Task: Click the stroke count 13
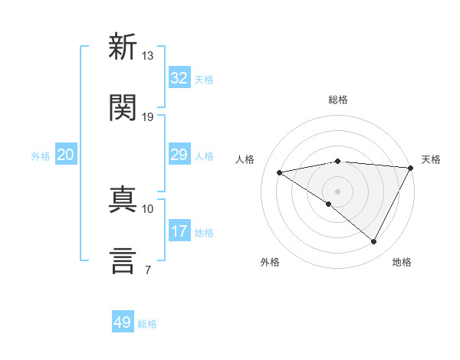pyautogui.click(x=148, y=56)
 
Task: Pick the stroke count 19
pyautogui.click(x=148, y=117)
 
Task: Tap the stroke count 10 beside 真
pyautogui.click(x=148, y=208)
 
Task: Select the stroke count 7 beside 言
pyautogui.click(x=147, y=270)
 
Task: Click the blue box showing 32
pyautogui.click(x=179, y=78)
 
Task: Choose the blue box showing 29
pyautogui.click(x=179, y=155)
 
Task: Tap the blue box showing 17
pyautogui.click(x=179, y=231)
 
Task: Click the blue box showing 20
pyautogui.click(x=65, y=155)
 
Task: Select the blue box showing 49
pyautogui.click(x=123, y=322)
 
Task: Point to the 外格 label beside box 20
pyautogui.click(x=41, y=156)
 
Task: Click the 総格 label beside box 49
pyautogui.click(x=147, y=324)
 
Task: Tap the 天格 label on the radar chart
pyautogui.click(x=431, y=159)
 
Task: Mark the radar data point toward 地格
pyautogui.click(x=374, y=241)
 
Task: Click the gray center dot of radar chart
pyautogui.click(x=337, y=191)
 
